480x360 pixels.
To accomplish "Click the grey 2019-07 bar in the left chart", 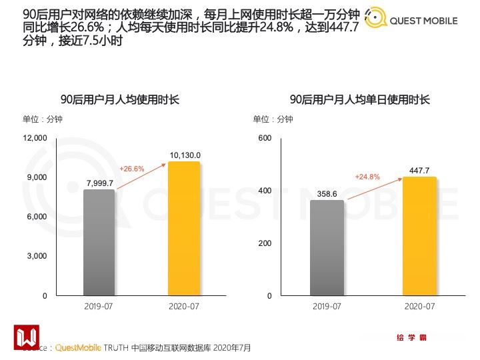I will pyautogui.click(x=99, y=243).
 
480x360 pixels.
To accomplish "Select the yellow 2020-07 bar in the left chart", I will pyautogui.click(x=184, y=228).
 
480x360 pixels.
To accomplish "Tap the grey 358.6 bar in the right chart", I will pyautogui.click(x=327, y=248).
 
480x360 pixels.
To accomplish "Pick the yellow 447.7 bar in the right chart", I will pyautogui.click(x=419, y=236).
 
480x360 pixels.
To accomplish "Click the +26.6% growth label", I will pyautogui.click(x=132, y=169).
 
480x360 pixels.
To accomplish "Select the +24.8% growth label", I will pyautogui.click(x=367, y=177).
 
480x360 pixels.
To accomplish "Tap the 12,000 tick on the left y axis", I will pyautogui.click(x=35, y=138).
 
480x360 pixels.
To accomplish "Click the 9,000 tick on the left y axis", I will pyautogui.click(x=37, y=177).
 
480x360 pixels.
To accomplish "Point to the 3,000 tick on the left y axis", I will pyautogui.click(x=37, y=256).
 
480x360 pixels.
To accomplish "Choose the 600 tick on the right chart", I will pyautogui.click(x=265, y=138).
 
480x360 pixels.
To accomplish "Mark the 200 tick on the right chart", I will pyautogui.click(x=265, y=243).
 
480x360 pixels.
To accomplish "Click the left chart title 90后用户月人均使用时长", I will pyautogui.click(x=120, y=100).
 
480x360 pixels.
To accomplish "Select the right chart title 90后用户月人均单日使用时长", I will pyautogui.click(x=360, y=100).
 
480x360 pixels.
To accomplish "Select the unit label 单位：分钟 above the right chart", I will pyautogui.click(x=273, y=119).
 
